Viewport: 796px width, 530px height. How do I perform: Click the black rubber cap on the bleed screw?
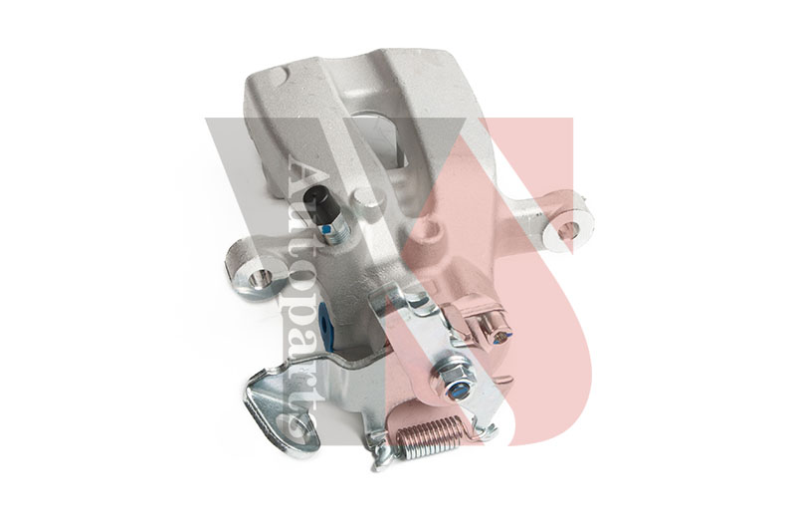click(322, 201)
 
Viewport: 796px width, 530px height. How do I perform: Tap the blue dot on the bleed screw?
click(327, 231)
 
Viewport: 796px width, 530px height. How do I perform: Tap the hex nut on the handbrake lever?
click(454, 380)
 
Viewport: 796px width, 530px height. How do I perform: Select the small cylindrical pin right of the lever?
click(497, 333)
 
